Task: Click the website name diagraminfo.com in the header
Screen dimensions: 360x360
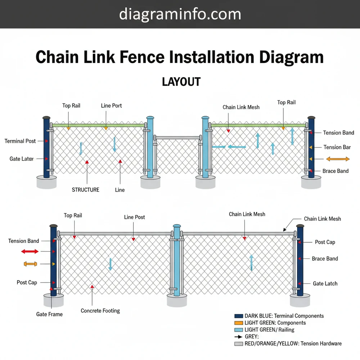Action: [x=180, y=14]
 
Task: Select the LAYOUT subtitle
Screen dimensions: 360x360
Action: [x=181, y=82]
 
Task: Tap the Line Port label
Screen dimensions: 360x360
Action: [x=111, y=105]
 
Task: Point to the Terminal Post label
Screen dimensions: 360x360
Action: [x=20, y=141]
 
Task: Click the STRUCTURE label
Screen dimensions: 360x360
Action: [x=85, y=190]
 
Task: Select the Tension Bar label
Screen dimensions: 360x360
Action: [x=337, y=147]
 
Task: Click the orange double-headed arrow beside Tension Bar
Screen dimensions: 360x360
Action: [x=338, y=159]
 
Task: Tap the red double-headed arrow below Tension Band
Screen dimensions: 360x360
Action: [x=30, y=251]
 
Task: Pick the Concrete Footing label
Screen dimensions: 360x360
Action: [x=100, y=311]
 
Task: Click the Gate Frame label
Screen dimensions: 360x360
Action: [x=49, y=314]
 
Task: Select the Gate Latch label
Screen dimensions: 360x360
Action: [x=325, y=284]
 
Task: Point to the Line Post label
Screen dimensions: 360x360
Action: [x=134, y=217]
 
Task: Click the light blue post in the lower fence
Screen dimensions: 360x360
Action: [x=177, y=261]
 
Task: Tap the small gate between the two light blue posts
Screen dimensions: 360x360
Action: [x=177, y=155]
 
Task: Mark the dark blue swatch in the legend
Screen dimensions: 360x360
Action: [x=239, y=316]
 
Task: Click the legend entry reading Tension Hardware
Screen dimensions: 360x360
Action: [x=293, y=343]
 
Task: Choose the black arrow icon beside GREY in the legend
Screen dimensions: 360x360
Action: [x=238, y=337]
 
